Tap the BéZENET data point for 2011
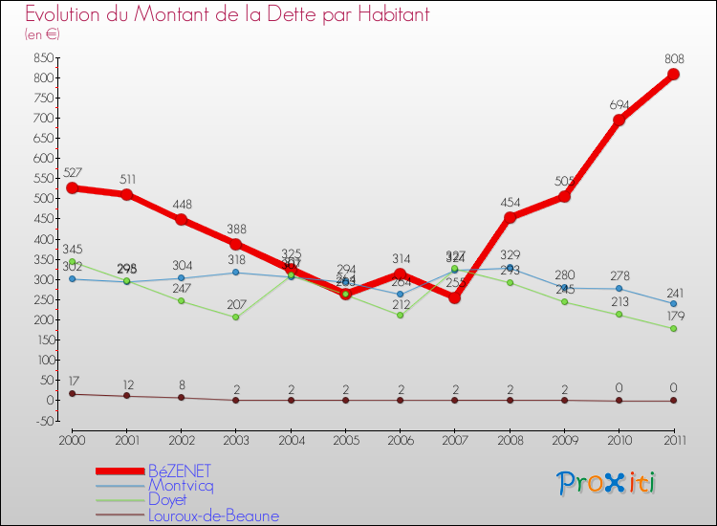(x=673, y=75)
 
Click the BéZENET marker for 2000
(x=72, y=187)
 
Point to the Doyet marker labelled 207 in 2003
(x=235, y=317)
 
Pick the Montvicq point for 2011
(x=673, y=304)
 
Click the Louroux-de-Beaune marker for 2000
(x=72, y=394)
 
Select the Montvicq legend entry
(x=182, y=486)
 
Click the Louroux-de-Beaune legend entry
(x=213, y=516)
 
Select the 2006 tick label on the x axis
(x=400, y=439)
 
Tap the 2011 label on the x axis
(x=673, y=439)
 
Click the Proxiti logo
(x=606, y=483)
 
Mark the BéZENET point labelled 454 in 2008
(x=510, y=217)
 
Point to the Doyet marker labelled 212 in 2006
(x=400, y=315)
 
